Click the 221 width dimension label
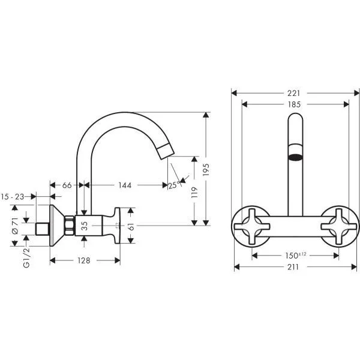pyautogui.click(x=293, y=93)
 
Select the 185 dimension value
pyautogui.click(x=294, y=104)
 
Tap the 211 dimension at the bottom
pyautogui.click(x=293, y=267)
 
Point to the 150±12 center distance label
pyautogui.click(x=296, y=256)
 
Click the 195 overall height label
pyautogui.click(x=206, y=170)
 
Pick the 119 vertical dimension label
pyautogui.click(x=194, y=193)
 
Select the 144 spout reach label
pyautogui.click(x=125, y=185)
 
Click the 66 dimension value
pyautogui.click(x=67, y=185)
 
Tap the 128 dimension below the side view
pyautogui.click(x=84, y=260)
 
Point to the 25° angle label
pyautogui.click(x=174, y=185)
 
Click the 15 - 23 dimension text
pyautogui.click(x=13, y=197)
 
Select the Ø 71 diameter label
pyautogui.click(x=15, y=226)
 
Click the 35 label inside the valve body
pyautogui.click(x=85, y=226)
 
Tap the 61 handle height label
pyautogui.click(x=131, y=227)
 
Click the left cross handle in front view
pyautogui.click(x=252, y=227)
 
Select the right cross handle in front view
pyautogui.click(x=339, y=227)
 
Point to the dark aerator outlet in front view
pyautogui.click(x=295, y=157)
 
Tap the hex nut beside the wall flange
pyautogui.click(x=69, y=226)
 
